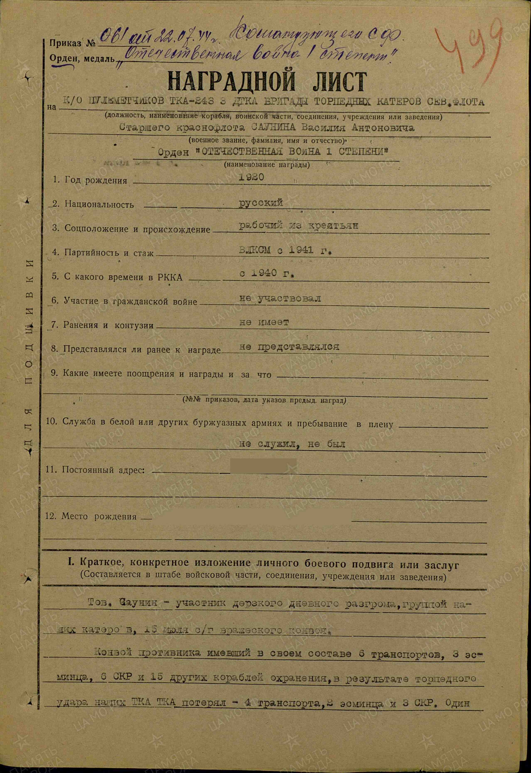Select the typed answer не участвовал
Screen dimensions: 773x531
point(280,298)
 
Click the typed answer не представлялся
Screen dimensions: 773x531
point(289,346)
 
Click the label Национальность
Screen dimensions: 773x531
point(99,204)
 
